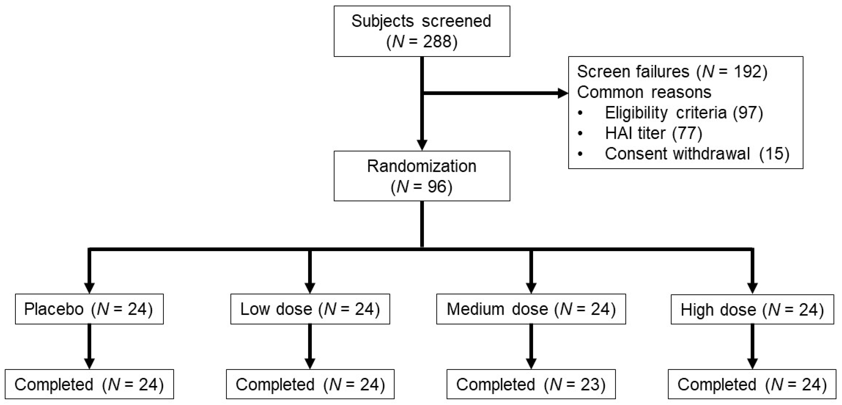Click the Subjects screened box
(422, 31)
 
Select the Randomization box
(422, 176)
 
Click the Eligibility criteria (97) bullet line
(683, 113)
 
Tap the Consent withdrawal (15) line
(696, 154)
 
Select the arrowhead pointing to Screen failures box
(563, 93)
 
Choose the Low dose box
(310, 309)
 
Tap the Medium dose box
(531, 309)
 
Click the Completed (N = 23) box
(531, 384)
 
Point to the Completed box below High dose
(752, 384)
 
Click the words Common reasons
(644, 92)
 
